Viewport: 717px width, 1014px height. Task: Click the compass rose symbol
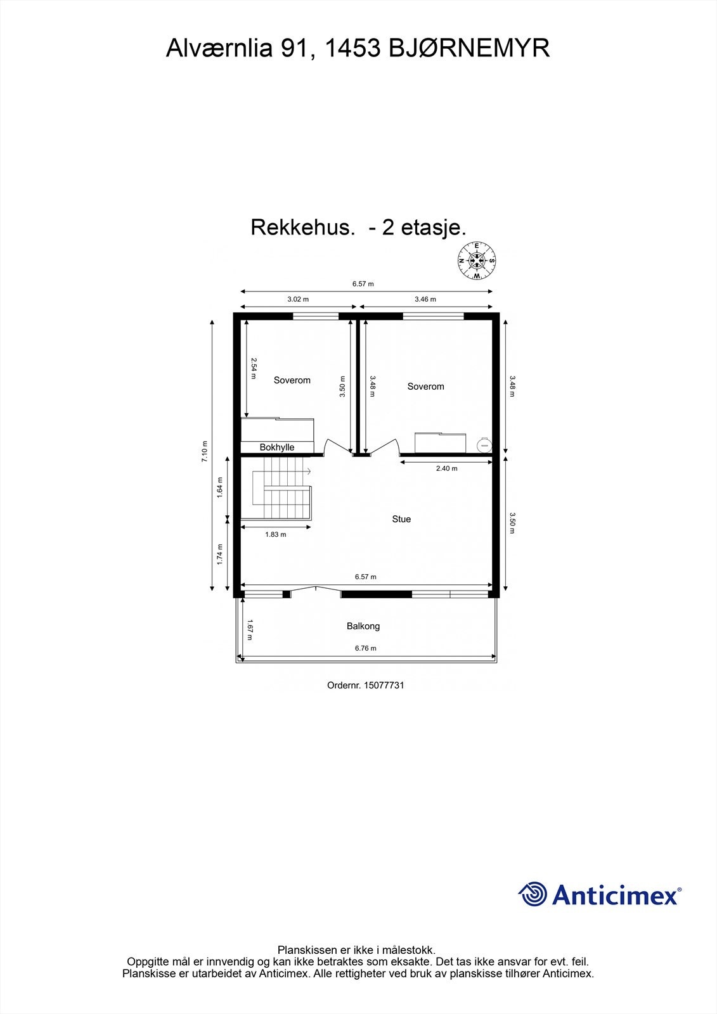(x=476, y=260)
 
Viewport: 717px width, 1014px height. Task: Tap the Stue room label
(x=401, y=519)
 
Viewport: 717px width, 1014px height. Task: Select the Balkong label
(x=363, y=626)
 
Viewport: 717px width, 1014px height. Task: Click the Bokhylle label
(x=277, y=447)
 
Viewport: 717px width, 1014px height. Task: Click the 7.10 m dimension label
(x=204, y=452)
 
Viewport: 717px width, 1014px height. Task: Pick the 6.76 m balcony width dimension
(x=365, y=648)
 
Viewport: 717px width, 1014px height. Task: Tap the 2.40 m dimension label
(x=446, y=468)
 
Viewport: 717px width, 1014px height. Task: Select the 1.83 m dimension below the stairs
(x=275, y=534)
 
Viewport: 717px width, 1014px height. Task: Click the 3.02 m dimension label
(x=298, y=299)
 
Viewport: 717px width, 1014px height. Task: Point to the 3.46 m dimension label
(x=425, y=299)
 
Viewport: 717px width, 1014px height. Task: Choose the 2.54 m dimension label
(x=254, y=368)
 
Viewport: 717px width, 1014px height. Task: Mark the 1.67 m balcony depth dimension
(x=250, y=629)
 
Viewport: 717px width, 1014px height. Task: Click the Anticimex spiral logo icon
(x=533, y=894)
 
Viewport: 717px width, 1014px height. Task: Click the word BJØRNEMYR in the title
(x=468, y=48)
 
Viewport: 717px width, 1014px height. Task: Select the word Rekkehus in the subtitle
(x=302, y=227)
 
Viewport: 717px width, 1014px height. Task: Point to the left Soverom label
(x=292, y=380)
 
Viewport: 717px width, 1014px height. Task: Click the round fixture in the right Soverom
(x=485, y=445)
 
